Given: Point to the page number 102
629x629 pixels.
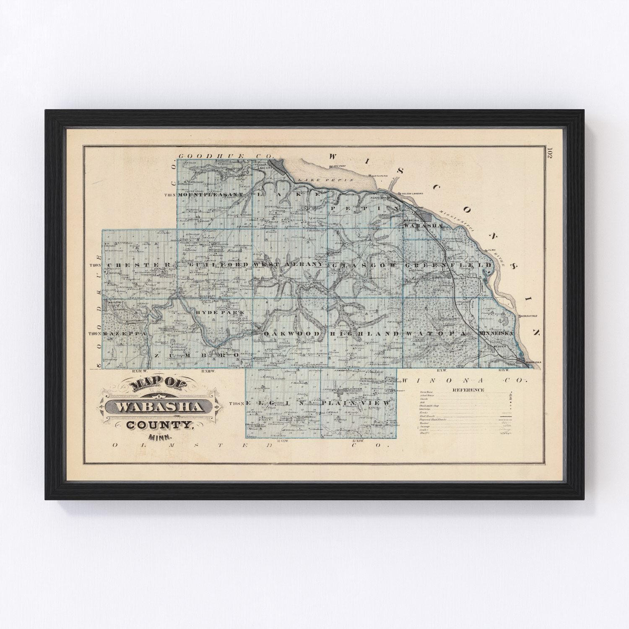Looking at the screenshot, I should pyautogui.click(x=550, y=153).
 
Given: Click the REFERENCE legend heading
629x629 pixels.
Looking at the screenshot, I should pyautogui.click(x=468, y=390).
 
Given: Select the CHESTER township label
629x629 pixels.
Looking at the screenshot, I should pyautogui.click(x=139, y=265).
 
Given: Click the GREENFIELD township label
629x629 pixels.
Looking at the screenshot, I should pyautogui.click(x=448, y=265).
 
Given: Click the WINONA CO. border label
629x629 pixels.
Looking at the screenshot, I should pyautogui.click(x=471, y=380).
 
